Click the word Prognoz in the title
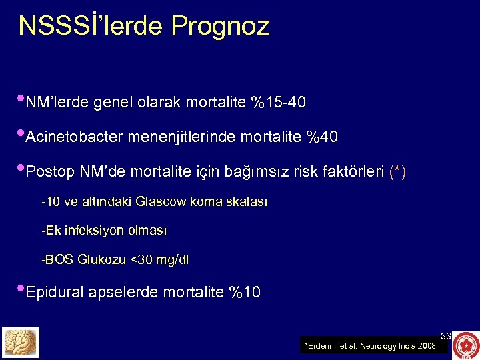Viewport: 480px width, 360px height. [221, 26]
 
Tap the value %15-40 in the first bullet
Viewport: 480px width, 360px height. [279, 103]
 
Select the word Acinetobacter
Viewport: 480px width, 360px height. [74, 137]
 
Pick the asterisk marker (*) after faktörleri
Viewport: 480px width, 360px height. [397, 173]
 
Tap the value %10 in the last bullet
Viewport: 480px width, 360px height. [245, 292]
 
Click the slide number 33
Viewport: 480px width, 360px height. [446, 336]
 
